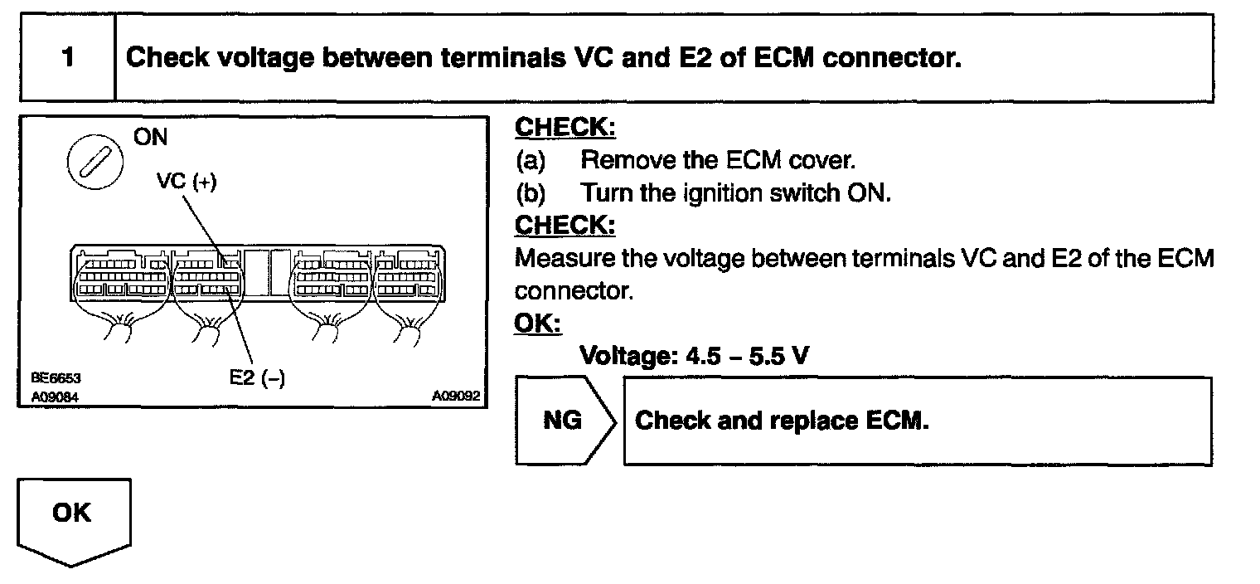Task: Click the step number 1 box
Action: [67, 59]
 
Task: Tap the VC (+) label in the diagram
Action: [187, 182]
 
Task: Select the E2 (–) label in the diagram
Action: [256, 377]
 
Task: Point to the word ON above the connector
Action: [150, 137]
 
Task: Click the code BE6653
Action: [56, 378]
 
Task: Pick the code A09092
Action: [455, 397]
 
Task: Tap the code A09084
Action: [56, 397]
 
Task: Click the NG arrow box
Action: [564, 421]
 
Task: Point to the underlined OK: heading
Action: [537, 323]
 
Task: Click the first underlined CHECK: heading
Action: [565, 128]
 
